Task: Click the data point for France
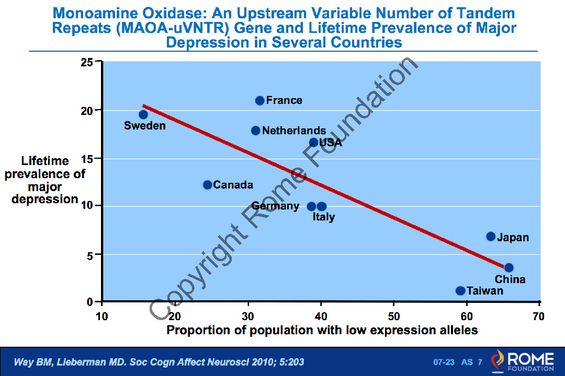point(259,100)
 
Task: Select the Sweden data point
point(143,114)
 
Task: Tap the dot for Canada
point(207,185)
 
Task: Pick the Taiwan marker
point(460,291)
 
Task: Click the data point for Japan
point(491,237)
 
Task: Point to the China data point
point(508,267)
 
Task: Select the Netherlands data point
point(255,131)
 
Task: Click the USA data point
point(313,142)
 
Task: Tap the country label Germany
point(275,206)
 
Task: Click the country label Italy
point(324,217)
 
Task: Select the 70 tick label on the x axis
point(538,316)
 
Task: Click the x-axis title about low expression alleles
point(322,330)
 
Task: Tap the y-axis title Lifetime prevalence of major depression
point(44,180)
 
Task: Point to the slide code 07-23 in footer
point(444,362)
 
